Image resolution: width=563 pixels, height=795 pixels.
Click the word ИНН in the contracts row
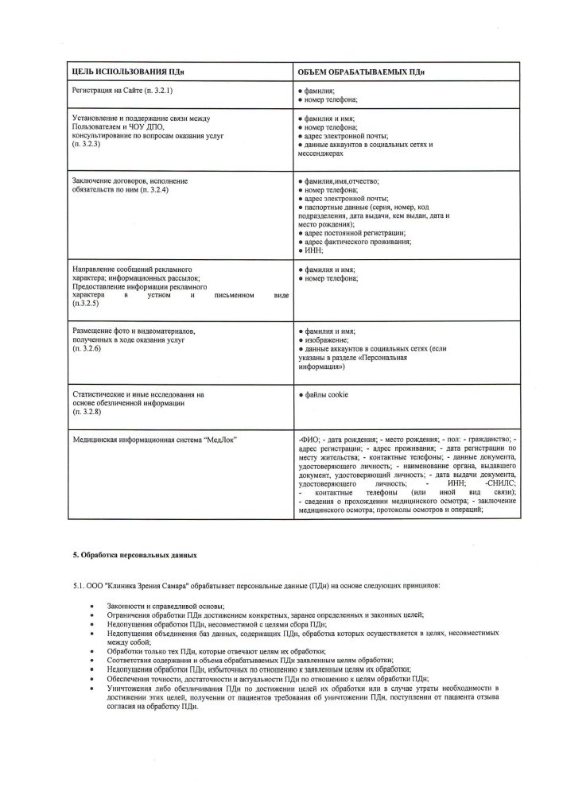311,250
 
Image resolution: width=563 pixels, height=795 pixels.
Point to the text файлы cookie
326,395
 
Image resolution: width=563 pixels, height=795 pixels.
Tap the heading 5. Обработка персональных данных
130,552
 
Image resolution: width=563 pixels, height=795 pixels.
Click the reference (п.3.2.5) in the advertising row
85,304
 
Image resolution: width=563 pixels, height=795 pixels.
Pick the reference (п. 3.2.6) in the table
85,348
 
